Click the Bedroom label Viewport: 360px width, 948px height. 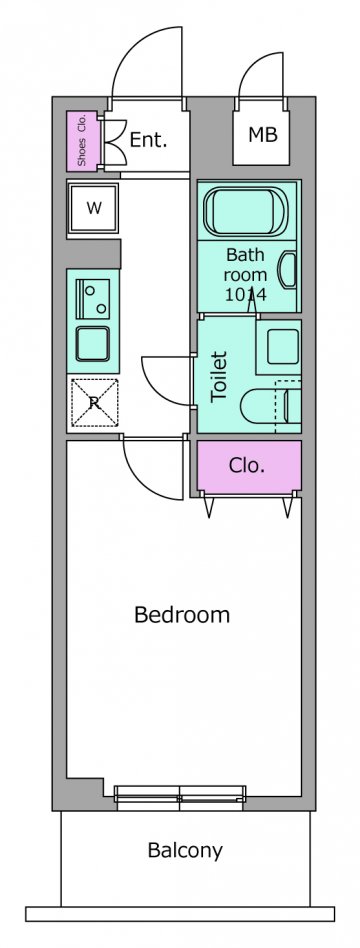click(182, 615)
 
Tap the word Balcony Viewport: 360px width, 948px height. click(185, 851)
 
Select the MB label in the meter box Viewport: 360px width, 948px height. click(263, 134)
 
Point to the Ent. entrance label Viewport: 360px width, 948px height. click(148, 140)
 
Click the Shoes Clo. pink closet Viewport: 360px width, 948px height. click(82, 141)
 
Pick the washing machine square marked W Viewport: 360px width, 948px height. click(93, 209)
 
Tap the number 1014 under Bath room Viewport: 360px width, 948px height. click(246, 294)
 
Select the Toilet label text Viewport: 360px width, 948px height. click(218, 377)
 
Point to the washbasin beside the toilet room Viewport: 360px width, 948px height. click(278, 347)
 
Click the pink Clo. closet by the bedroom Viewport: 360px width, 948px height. click(249, 466)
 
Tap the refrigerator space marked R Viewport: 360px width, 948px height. click(94, 403)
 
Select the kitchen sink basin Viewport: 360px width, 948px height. click(93, 344)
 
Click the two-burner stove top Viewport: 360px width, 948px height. click(93, 299)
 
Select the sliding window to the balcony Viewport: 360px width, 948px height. click(180, 796)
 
